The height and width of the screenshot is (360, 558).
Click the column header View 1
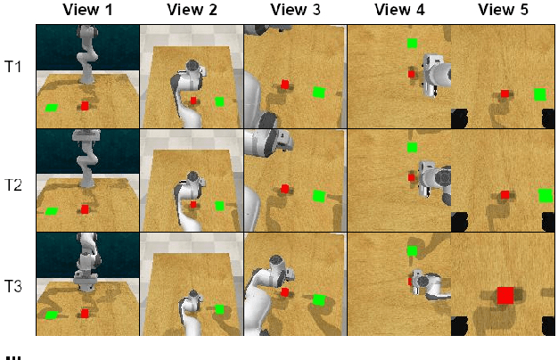(87, 10)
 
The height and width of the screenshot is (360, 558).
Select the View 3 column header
(295, 10)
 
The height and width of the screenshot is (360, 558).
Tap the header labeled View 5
(503, 10)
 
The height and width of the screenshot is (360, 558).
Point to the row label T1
(12, 67)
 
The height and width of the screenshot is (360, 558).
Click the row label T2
(12, 185)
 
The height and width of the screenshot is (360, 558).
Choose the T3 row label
(12, 286)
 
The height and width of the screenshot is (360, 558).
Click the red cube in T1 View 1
(85, 106)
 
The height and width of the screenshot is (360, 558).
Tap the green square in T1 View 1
(52, 108)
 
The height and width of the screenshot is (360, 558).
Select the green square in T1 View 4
(412, 44)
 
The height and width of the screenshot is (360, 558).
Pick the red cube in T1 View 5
(505, 94)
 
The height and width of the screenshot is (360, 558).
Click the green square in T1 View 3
(319, 93)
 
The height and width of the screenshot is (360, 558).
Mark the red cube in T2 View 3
(284, 189)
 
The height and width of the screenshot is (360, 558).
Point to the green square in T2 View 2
(219, 206)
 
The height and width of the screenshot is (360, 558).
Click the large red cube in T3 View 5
(505, 295)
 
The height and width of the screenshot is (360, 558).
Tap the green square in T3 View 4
(412, 250)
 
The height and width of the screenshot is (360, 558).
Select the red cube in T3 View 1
(85, 314)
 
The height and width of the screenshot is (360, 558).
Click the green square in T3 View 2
(219, 309)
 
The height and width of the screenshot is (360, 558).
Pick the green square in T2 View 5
(545, 196)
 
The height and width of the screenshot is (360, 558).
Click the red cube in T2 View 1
(85, 209)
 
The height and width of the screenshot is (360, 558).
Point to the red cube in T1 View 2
(193, 101)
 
